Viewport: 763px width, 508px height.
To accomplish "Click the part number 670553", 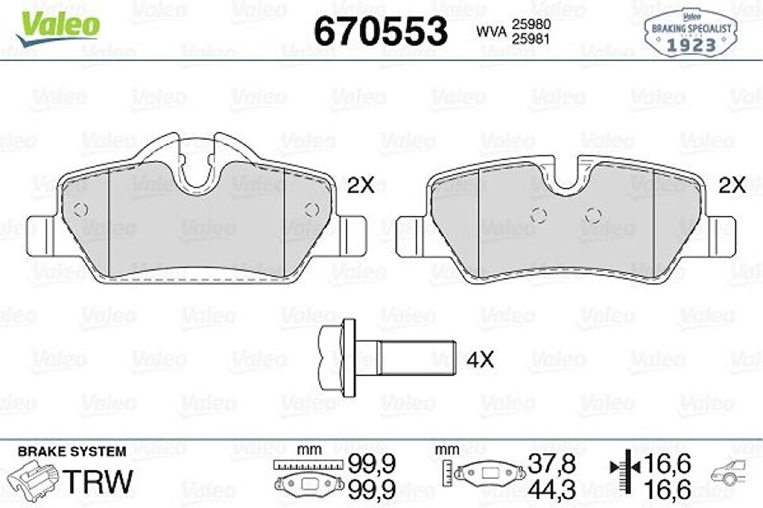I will (x=381, y=31).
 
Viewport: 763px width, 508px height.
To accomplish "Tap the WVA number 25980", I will (x=531, y=23).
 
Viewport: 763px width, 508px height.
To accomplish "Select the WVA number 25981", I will (x=531, y=38).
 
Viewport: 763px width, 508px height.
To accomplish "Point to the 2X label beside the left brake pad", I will (x=360, y=186).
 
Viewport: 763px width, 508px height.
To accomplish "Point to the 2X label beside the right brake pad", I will (x=733, y=186).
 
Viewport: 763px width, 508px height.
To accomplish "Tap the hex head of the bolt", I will (x=338, y=358).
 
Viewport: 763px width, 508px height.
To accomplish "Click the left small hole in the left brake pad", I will (x=80, y=209).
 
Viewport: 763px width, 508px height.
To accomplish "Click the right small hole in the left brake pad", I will (x=311, y=209).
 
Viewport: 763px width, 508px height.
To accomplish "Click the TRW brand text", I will (x=100, y=482).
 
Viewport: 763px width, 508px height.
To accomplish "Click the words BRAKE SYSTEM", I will (x=72, y=451).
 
